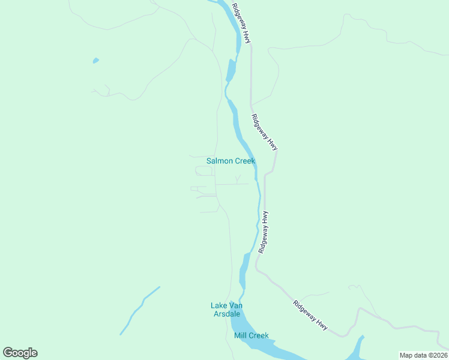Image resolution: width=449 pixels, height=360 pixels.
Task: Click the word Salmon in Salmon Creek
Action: (219, 161)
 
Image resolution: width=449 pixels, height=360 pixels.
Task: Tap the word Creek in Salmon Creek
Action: (245, 161)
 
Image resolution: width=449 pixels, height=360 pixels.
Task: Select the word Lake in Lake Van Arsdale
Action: (218, 305)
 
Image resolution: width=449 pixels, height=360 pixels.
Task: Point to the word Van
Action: (236, 305)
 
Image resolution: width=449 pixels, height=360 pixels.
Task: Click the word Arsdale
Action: (226, 314)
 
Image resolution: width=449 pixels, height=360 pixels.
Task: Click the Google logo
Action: (20, 353)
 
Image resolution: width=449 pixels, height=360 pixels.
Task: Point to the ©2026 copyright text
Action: (438, 355)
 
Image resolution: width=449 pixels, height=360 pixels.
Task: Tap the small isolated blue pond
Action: (95, 61)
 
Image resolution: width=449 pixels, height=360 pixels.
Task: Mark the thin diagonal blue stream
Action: (140, 310)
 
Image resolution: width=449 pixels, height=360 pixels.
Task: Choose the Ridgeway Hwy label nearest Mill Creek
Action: (311, 314)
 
